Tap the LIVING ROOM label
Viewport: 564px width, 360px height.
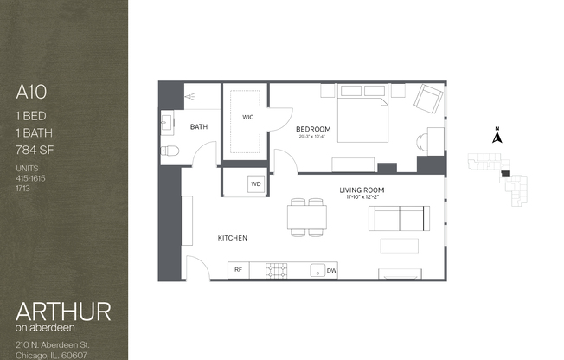361,190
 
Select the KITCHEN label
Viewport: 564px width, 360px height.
233,238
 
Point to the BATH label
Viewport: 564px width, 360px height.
199,127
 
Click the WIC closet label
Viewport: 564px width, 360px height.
247,117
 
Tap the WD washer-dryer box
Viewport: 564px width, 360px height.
255,183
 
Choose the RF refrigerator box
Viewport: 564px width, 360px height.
238,270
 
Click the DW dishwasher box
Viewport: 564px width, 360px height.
331,270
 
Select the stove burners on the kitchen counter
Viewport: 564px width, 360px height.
277,270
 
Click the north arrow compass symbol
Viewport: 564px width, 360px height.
497,136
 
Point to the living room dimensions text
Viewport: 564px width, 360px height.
361,198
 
